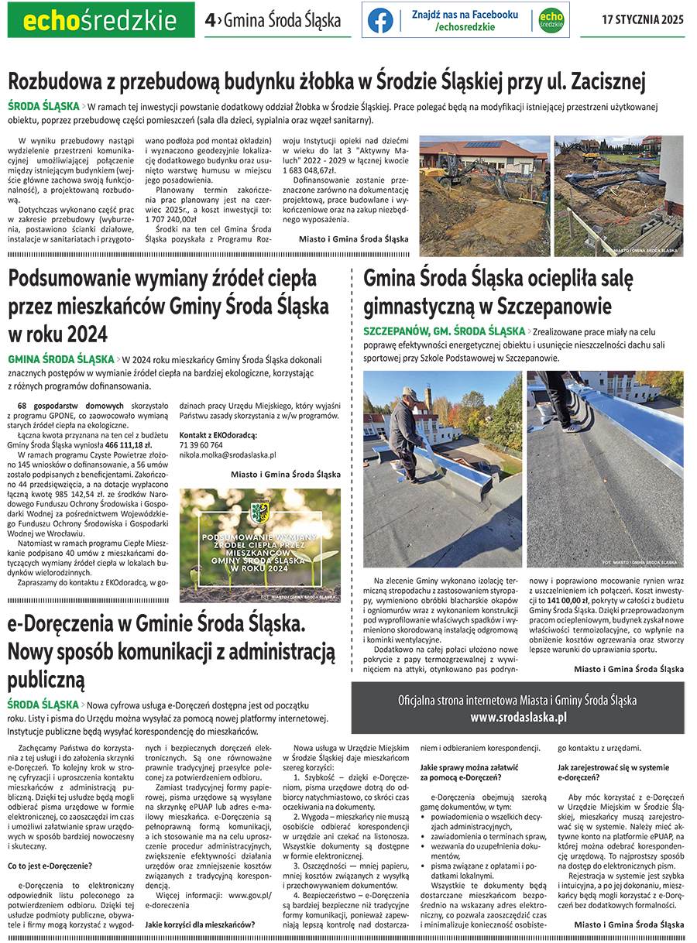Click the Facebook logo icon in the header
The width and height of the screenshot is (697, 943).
[x=380, y=20]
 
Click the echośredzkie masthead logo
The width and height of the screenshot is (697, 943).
[x=101, y=20]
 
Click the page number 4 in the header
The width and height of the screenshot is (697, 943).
[x=209, y=21]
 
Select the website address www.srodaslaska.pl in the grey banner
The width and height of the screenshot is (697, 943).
[x=518, y=717]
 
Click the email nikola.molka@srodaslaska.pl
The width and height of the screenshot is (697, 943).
[x=228, y=455]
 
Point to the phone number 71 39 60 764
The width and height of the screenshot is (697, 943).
[x=201, y=445]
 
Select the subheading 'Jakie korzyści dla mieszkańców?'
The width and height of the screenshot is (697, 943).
[x=200, y=924]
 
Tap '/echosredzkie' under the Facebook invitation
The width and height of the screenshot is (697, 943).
[x=465, y=27]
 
